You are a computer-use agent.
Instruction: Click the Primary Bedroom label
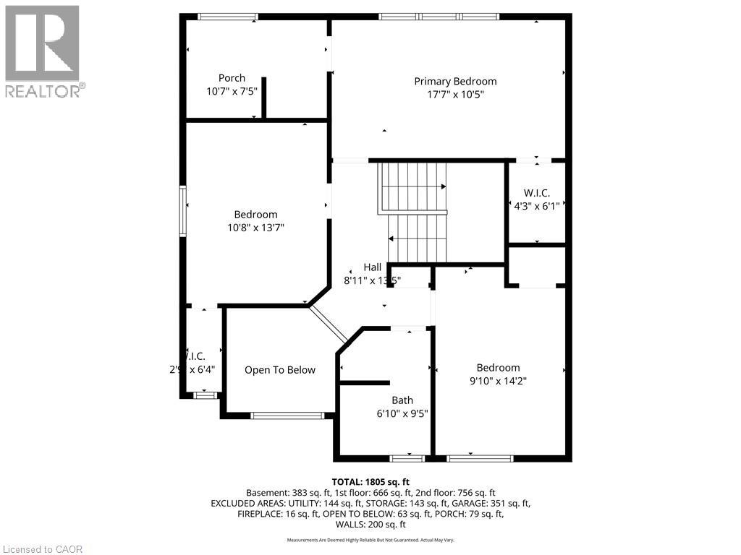(455, 81)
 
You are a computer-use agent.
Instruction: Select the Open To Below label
(279, 370)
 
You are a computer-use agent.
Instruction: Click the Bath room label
(402, 400)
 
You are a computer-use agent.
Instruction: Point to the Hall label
(373, 267)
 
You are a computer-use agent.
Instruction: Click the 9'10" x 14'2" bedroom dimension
(497, 381)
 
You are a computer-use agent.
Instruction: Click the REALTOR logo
(43, 51)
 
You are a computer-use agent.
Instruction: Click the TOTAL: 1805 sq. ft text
(370, 482)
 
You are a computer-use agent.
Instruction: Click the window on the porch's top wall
(228, 16)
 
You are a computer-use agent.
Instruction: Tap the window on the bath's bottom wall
(406, 458)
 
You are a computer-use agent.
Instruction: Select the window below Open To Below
(287, 416)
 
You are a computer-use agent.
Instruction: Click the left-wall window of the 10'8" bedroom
(183, 210)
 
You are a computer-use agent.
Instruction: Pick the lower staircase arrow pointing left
(391, 238)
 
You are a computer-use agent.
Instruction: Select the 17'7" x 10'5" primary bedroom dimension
(455, 94)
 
